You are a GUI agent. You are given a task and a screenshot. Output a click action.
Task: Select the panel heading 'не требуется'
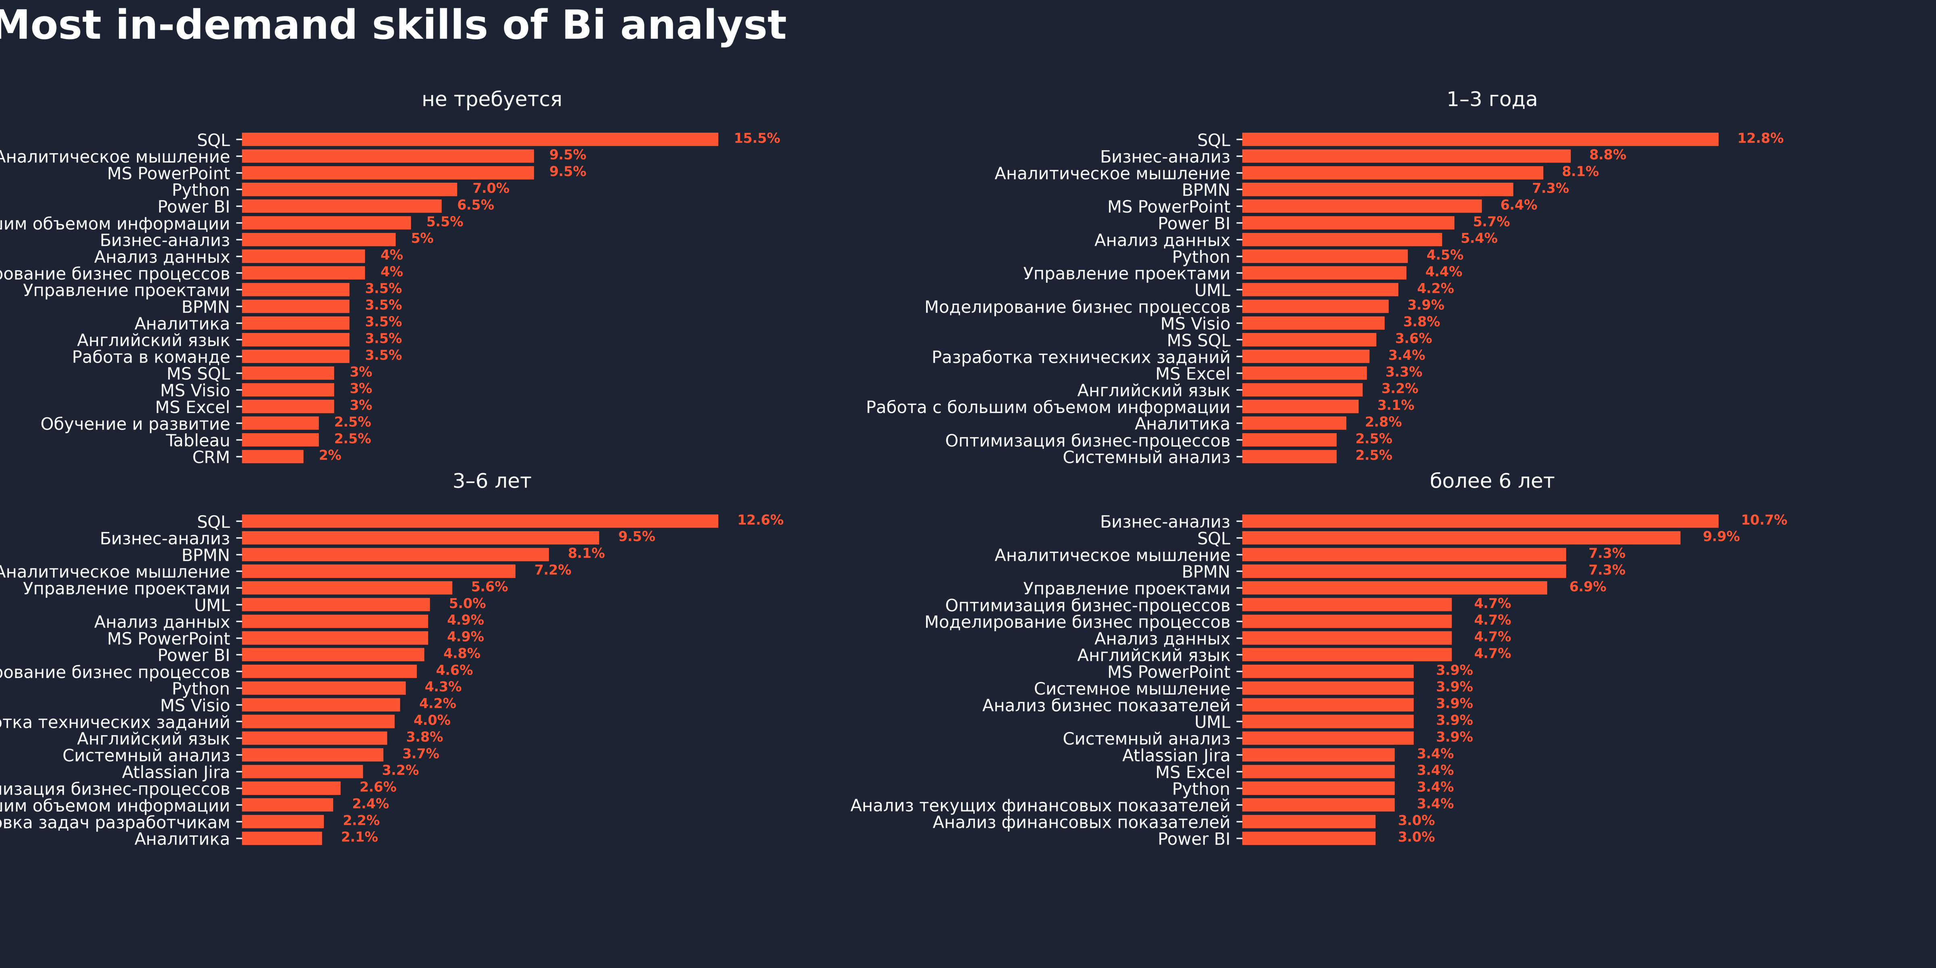(492, 99)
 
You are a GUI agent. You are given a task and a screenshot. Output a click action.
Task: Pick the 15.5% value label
(756, 138)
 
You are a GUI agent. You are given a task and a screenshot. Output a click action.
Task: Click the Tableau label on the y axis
(198, 440)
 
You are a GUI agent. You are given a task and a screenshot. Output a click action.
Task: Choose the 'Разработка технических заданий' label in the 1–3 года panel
(1081, 357)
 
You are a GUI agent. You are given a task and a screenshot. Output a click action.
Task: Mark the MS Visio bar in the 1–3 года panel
(1313, 323)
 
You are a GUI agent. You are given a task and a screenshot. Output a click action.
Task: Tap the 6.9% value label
(1587, 587)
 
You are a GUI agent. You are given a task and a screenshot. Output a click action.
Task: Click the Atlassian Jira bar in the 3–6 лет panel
(302, 772)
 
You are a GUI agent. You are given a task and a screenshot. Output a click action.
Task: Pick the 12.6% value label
(760, 520)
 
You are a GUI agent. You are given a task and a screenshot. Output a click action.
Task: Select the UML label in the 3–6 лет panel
(212, 605)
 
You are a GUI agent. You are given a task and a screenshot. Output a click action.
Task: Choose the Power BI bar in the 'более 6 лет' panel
(1308, 839)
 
